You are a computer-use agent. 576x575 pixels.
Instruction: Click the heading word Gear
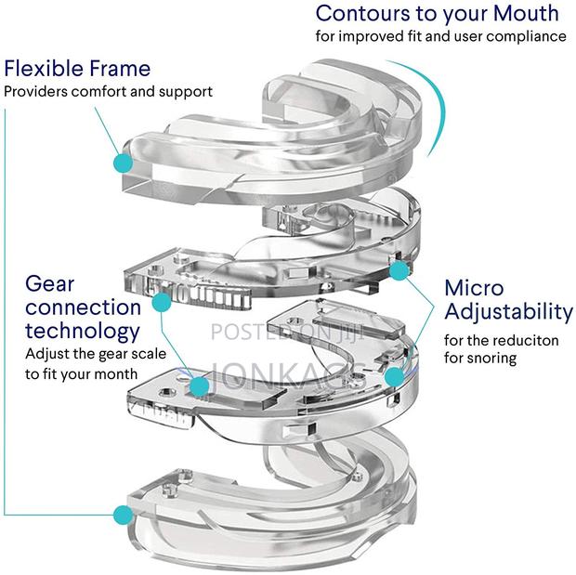pyautogui.click(x=50, y=283)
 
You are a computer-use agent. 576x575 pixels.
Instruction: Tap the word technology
pyautogui.click(x=83, y=331)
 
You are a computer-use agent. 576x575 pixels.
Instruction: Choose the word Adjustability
pyautogui.click(x=508, y=311)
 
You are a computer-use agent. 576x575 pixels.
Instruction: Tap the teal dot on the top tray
pyautogui.click(x=123, y=163)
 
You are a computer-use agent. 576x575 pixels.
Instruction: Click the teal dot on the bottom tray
pyautogui.click(x=121, y=514)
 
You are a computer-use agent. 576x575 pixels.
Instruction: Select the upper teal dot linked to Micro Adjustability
pyautogui.click(x=399, y=270)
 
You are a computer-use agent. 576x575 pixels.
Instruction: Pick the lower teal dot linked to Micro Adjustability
pyautogui.click(x=394, y=376)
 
